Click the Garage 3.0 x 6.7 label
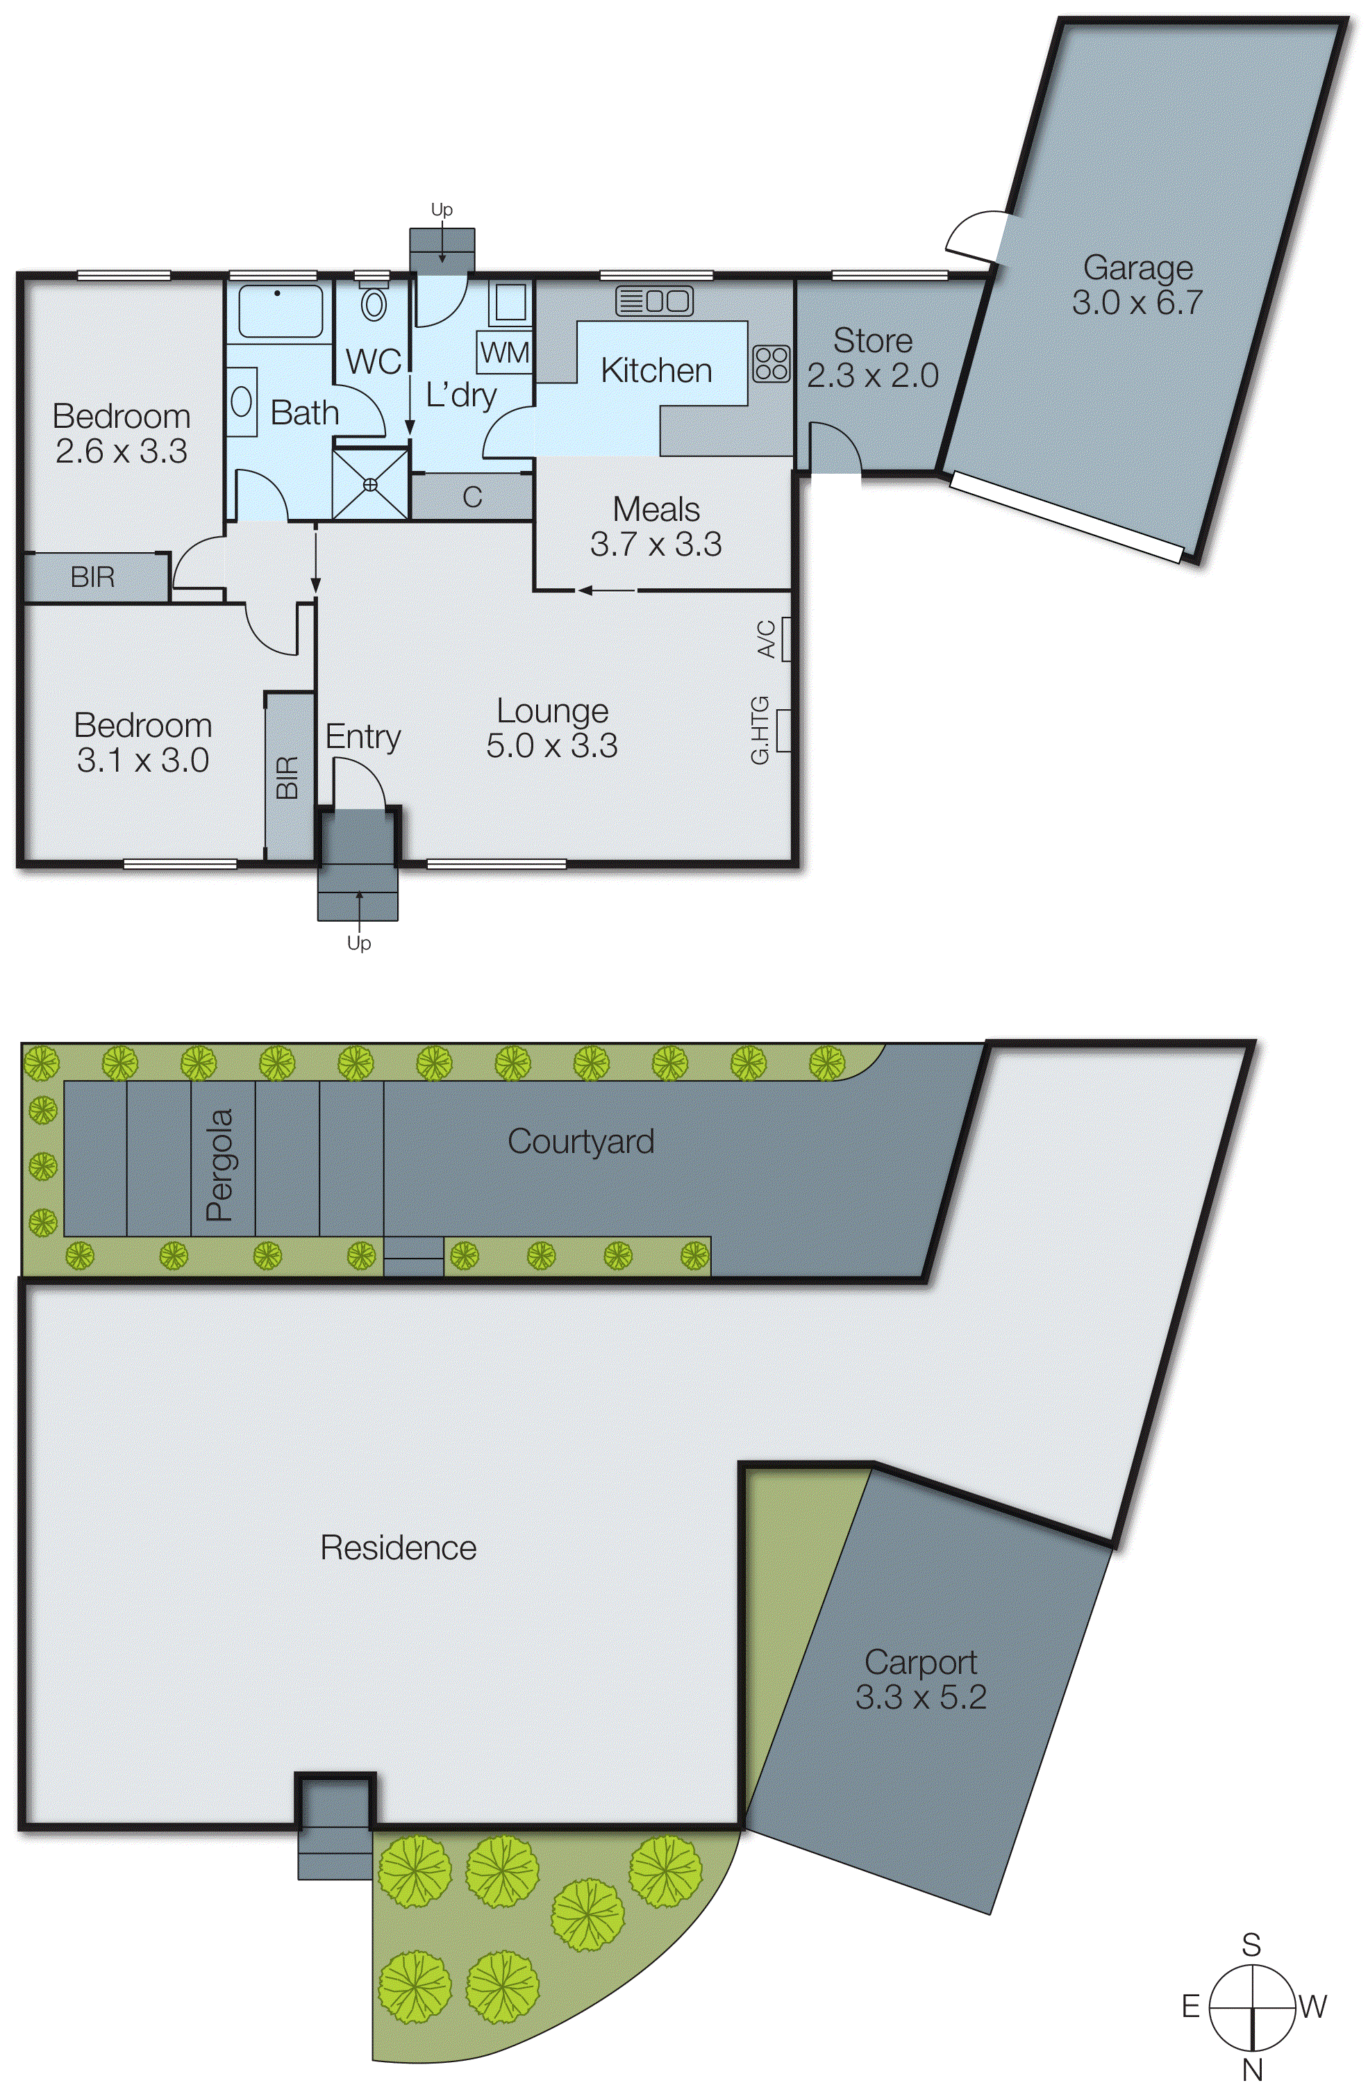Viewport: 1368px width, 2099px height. [x=1136, y=285]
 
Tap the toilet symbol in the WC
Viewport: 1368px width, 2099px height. [x=375, y=304]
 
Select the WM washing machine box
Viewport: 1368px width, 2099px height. [x=505, y=353]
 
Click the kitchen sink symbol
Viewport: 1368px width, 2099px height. [x=653, y=301]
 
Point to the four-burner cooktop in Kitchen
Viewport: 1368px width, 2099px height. [x=771, y=363]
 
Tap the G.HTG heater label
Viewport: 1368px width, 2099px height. [x=760, y=729]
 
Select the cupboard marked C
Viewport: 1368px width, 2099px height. [x=472, y=497]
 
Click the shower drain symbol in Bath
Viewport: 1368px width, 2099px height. [x=369, y=484]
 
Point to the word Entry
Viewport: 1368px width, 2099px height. [x=362, y=736]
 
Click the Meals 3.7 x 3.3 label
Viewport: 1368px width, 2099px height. [x=656, y=526]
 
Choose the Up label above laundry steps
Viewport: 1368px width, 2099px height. [x=441, y=209]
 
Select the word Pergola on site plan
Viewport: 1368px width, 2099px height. [x=219, y=1164]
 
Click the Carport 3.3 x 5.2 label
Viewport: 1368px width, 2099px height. [x=920, y=1679]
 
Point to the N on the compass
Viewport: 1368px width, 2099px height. [x=1251, y=2069]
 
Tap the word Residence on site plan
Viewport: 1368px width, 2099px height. [x=398, y=1548]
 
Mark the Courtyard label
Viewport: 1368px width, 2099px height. [x=581, y=1141]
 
